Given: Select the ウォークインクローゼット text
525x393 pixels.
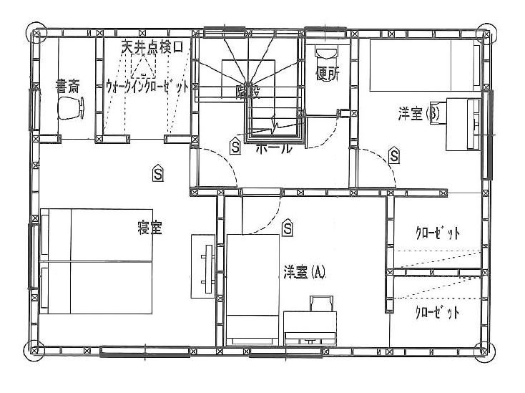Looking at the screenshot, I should point(147,84).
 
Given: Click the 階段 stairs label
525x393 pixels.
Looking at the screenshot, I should point(247,91).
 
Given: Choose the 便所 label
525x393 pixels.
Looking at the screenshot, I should point(327,74).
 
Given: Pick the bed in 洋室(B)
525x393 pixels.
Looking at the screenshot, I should point(423,66).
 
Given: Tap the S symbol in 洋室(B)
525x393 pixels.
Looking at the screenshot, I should point(394,155).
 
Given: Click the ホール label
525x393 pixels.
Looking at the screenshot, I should point(273,149).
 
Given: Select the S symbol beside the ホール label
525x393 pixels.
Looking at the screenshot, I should point(235,146).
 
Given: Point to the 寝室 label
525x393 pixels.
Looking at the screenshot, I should point(149,228).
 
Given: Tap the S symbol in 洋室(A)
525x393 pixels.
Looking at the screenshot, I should point(288,228).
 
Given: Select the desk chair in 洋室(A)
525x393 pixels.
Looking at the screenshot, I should point(319,304).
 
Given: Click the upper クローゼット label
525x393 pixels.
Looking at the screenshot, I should point(437,233).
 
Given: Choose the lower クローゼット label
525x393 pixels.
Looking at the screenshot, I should point(437,313).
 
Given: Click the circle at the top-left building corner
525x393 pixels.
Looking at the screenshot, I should point(35,33).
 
